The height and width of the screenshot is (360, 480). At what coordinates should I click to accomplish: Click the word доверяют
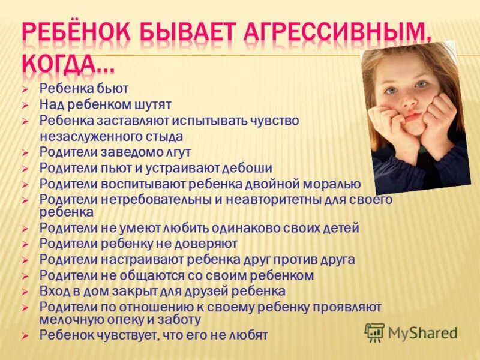[206, 244]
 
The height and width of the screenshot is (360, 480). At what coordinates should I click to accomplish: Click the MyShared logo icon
[374, 332]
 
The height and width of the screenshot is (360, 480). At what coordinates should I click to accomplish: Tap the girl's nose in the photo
[409, 101]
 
